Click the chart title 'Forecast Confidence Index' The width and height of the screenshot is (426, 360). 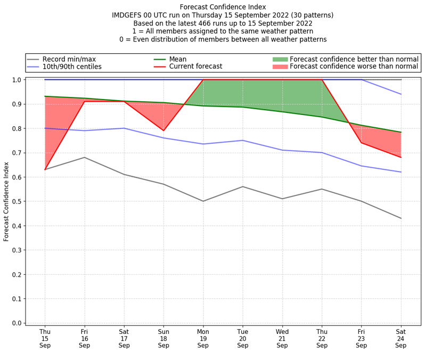click(x=223, y=7)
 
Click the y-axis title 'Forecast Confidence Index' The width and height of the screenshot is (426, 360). click(x=7, y=201)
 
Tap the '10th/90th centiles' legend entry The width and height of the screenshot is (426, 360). click(x=72, y=67)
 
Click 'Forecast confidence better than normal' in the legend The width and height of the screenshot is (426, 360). click(x=354, y=59)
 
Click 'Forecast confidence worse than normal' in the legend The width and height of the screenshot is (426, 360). click(x=354, y=67)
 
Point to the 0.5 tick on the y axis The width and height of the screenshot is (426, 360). click(x=17, y=201)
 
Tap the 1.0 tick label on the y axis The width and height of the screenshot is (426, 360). click(x=17, y=80)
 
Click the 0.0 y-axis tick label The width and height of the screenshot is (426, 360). click(x=17, y=323)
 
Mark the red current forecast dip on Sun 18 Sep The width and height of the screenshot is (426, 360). click(x=163, y=130)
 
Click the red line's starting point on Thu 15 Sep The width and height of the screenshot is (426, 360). click(x=45, y=169)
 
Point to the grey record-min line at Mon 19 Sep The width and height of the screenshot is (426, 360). click(x=203, y=201)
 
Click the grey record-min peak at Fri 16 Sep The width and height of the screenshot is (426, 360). click(x=84, y=157)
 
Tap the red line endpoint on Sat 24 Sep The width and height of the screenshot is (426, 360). click(x=401, y=157)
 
